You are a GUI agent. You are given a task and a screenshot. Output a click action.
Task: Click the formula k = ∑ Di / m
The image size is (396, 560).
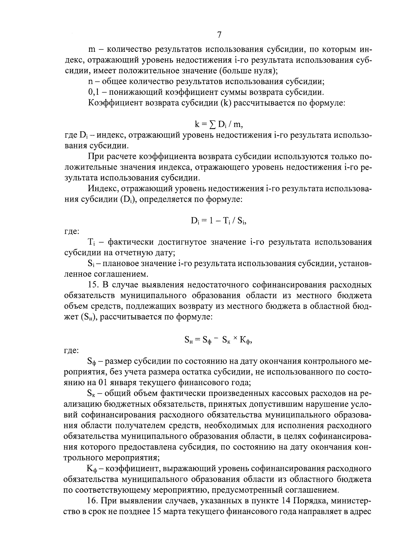219,124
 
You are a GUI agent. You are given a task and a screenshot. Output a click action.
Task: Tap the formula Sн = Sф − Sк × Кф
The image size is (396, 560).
219,340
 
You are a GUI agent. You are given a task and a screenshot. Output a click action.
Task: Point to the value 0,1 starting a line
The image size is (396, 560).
94,92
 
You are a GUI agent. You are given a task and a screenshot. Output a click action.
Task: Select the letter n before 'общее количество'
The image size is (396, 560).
91,82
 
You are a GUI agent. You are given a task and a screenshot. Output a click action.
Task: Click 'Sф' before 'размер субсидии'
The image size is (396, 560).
91,361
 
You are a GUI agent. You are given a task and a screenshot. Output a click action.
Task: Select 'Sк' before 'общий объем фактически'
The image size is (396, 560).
91,393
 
